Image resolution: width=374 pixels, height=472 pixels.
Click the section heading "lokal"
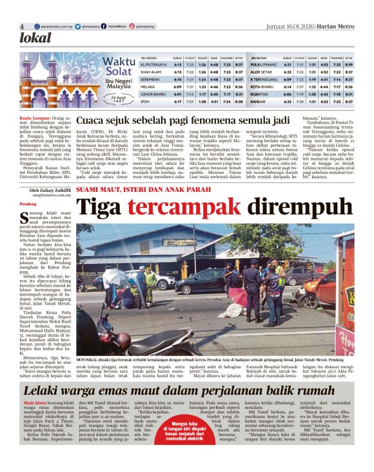click(35, 38)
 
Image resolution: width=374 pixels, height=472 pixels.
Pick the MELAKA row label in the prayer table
click(148, 86)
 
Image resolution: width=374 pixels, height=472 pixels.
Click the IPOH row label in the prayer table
click(145, 102)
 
